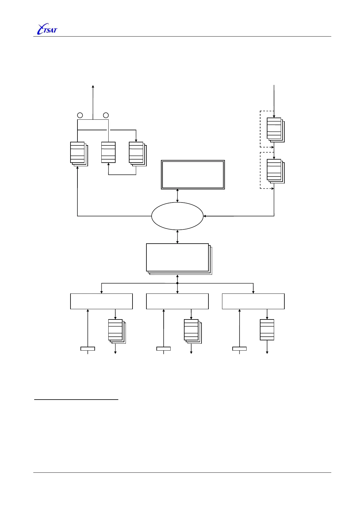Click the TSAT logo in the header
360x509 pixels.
[47, 29]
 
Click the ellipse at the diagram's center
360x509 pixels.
[177, 216]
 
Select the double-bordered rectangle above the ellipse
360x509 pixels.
[193, 175]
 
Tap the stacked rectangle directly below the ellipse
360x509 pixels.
[178, 258]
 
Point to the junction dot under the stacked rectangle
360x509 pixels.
[177, 283]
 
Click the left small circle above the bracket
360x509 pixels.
[80, 115]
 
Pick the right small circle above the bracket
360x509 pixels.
[106, 115]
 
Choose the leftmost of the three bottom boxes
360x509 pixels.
[101, 301]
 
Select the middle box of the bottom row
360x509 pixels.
[177, 301]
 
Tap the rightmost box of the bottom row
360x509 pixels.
[253, 301]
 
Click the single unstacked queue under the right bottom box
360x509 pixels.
[267, 330]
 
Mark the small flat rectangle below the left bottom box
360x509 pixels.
[88, 349]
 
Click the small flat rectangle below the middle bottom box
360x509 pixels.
[163, 349]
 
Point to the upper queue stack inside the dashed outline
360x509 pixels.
[274, 129]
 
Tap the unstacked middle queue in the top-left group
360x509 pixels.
[108, 152]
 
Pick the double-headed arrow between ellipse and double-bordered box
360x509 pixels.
[177, 196]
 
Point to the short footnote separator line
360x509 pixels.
[76, 400]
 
